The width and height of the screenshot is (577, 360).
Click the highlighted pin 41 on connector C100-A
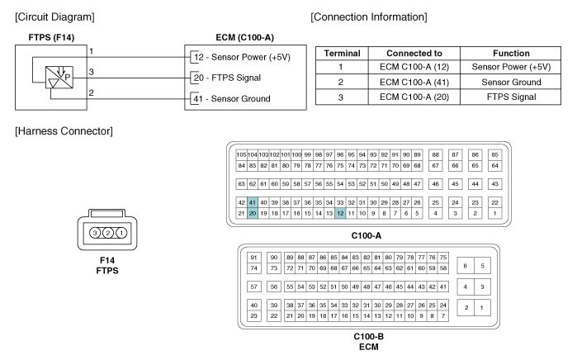253,202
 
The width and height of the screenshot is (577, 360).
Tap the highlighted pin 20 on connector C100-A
253,213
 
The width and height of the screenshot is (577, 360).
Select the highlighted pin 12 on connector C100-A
339,213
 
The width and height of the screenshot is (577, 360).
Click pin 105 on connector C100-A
241,154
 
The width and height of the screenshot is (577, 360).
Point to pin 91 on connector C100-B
254,257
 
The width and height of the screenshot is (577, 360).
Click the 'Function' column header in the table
513,52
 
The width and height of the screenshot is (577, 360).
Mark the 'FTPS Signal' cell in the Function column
513,97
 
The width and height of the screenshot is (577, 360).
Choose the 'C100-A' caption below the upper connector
367,234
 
